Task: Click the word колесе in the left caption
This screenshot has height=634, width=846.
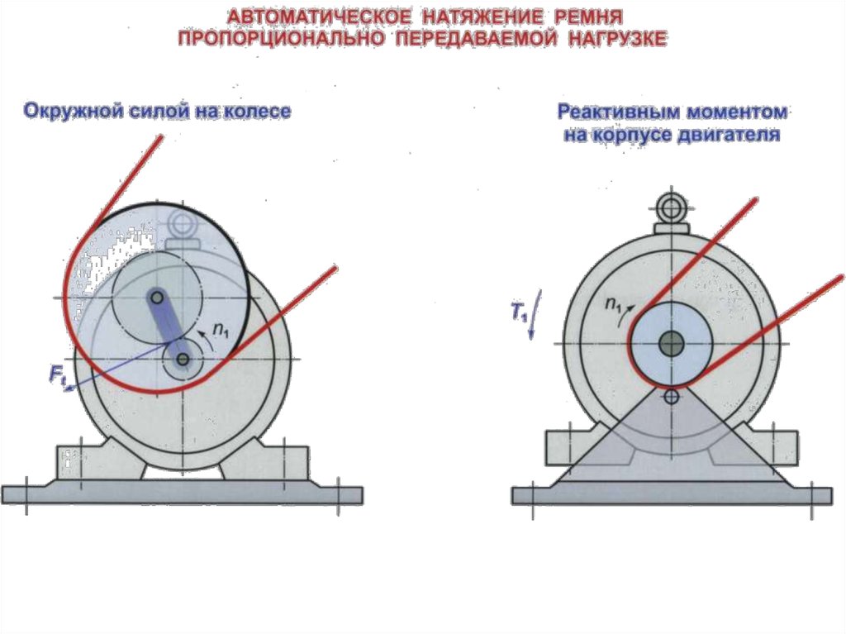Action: click(x=256, y=112)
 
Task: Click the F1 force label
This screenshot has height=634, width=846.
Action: click(x=58, y=376)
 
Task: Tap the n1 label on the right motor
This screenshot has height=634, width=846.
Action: click(x=613, y=304)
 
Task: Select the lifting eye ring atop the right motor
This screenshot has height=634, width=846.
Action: click(x=671, y=205)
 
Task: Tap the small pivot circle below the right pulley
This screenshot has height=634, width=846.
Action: click(x=671, y=397)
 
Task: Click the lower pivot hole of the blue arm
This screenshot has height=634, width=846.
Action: click(x=181, y=360)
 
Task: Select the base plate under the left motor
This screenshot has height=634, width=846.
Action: click(x=182, y=494)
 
